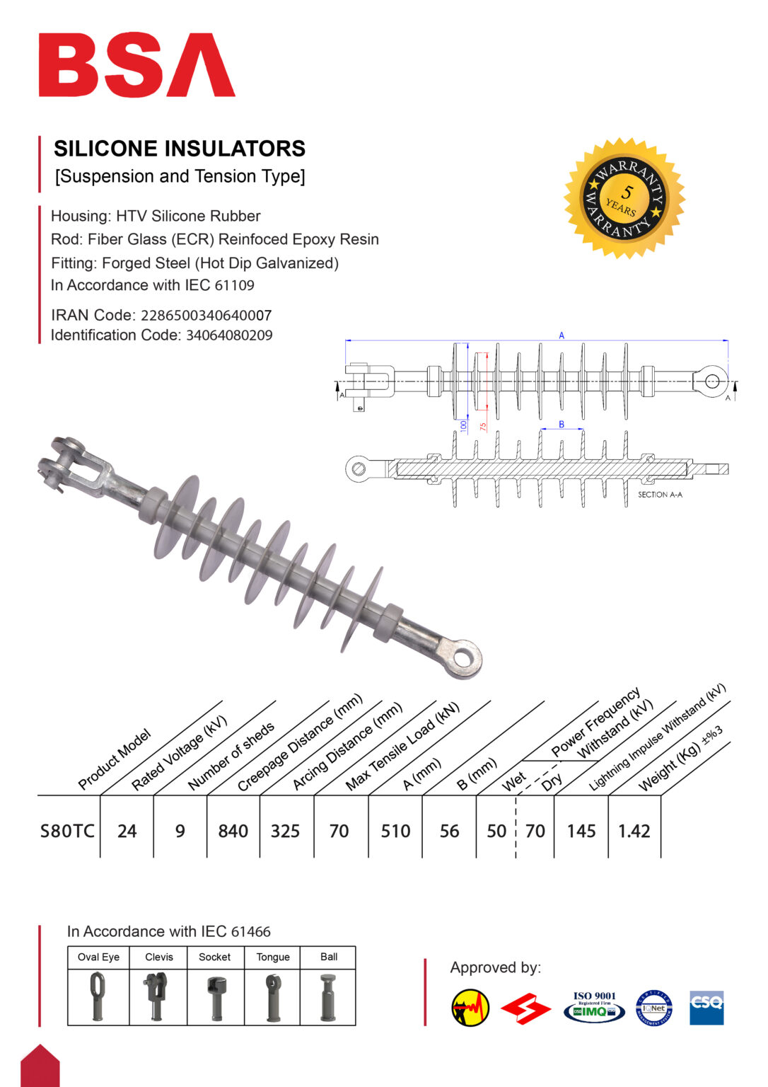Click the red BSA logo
coord(136,64)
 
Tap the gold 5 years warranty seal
coord(624,198)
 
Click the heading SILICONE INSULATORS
coord(180,149)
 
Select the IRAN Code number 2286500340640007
coord(206,316)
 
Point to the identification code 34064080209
coord(229,335)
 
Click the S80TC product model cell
coord(67,831)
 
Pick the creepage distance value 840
coord(233,831)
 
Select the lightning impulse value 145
coord(581,831)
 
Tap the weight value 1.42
coord(634,831)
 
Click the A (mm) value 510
coord(395,831)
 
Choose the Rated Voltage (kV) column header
coord(179,753)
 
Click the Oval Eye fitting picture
coord(98,996)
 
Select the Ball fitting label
coord(329,957)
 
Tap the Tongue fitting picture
coord(272,996)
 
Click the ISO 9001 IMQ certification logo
coord(594,1007)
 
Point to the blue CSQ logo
coord(706,1008)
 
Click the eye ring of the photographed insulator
coord(463,657)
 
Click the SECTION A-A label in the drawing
coord(660,495)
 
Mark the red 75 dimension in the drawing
coord(483,427)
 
